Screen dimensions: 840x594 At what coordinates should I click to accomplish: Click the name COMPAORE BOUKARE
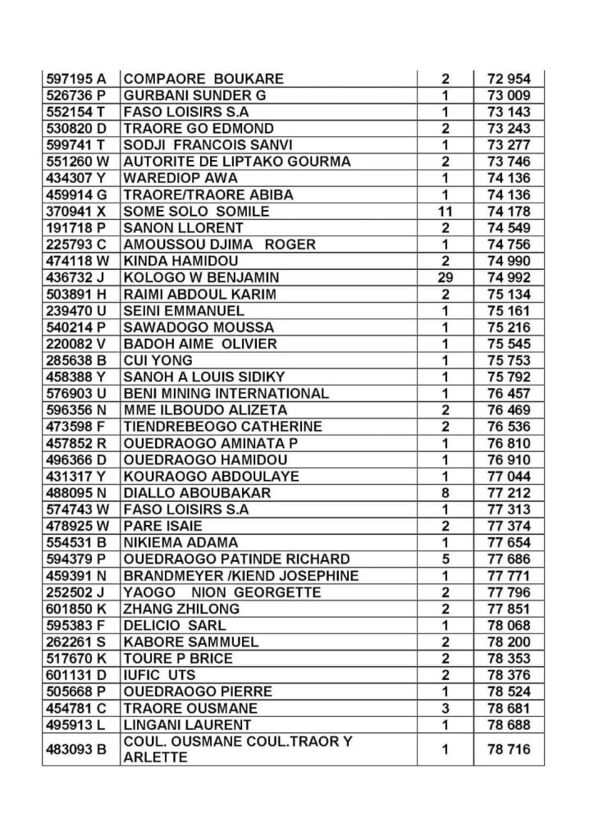coord(203,79)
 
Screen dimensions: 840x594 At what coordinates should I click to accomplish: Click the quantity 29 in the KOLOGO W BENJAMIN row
coord(445,277)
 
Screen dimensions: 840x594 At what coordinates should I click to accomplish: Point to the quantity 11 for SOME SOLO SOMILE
coord(445,212)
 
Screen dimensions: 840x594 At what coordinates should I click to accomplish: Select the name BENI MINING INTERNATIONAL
coord(226,394)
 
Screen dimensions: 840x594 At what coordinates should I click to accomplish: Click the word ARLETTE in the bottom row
coord(155,758)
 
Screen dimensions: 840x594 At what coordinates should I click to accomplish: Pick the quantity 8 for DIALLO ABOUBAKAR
coord(445,493)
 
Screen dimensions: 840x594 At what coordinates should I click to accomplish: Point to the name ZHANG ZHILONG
coord(181,609)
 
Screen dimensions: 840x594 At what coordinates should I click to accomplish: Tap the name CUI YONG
coord(158,360)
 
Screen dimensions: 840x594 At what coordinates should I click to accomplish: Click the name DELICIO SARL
coord(169,625)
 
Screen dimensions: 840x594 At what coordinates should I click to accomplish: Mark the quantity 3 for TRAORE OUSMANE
coord(445,708)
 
